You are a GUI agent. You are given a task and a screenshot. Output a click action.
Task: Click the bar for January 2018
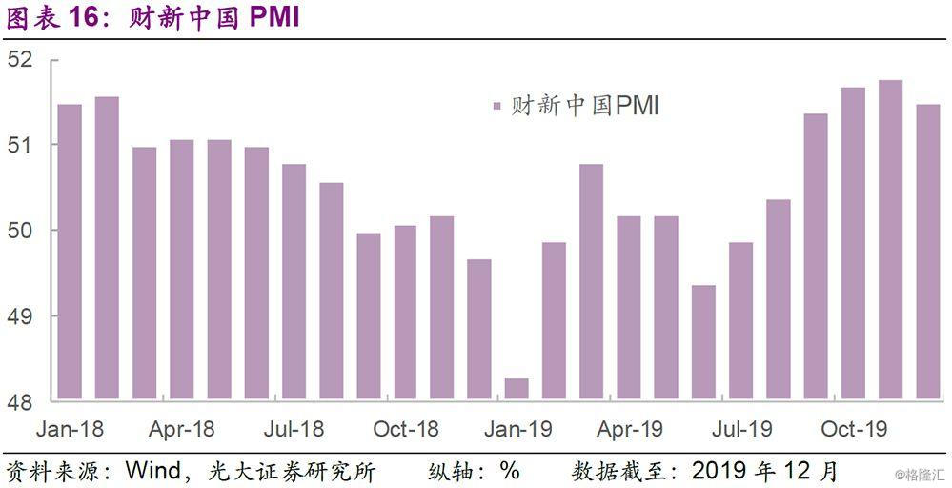tap(70, 252)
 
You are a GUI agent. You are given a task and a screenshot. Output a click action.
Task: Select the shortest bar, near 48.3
tap(517, 389)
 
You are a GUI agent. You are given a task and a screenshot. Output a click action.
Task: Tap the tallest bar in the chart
tap(890, 239)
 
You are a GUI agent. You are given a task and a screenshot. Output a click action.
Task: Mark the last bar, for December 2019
tap(927, 252)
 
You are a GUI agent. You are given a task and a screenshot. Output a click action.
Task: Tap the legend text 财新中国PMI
tap(584, 106)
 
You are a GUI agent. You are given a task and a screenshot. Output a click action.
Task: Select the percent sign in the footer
tap(510, 471)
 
